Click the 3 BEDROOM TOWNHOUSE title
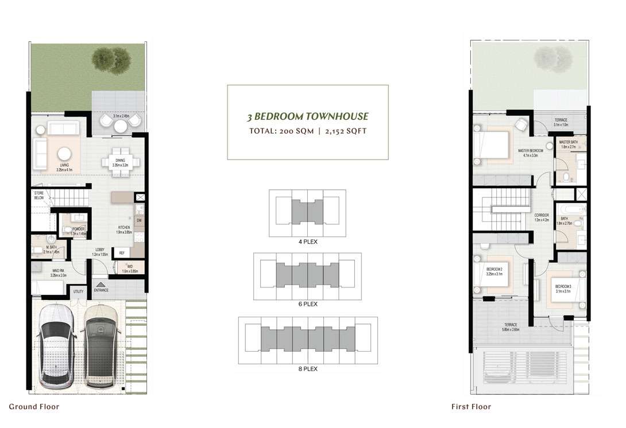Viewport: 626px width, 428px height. (308, 116)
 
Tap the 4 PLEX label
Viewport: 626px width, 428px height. (308, 242)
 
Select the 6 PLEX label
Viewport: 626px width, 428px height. (308, 304)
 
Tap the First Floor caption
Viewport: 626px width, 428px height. (471, 407)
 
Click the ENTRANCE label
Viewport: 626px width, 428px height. (101, 290)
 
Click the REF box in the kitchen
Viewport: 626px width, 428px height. (122, 252)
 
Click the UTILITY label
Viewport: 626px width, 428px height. (78, 291)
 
